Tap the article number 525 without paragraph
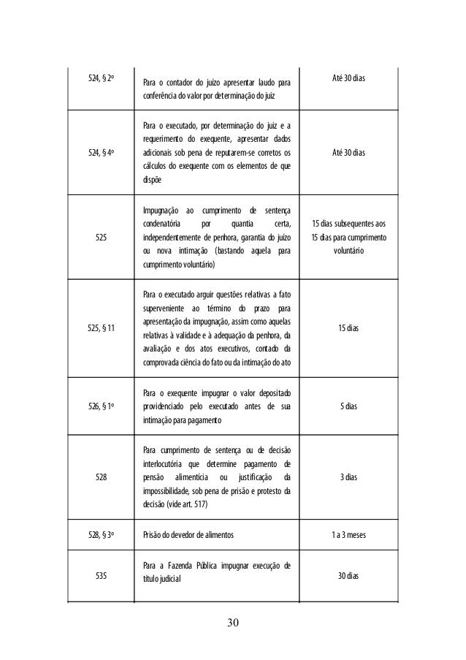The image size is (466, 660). coord(99,237)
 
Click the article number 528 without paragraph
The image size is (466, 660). coord(99,477)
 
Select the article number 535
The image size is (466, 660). coord(99,576)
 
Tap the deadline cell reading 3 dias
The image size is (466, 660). coord(348,477)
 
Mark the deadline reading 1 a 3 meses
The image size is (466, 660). coord(348,535)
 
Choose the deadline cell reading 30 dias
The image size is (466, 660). coord(348,576)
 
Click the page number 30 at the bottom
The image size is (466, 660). coord(232,623)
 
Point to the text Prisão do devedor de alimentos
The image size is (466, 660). coord(188,535)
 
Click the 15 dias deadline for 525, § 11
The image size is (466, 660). coord(348,329)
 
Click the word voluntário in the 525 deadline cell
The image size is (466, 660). coord(348,250)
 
